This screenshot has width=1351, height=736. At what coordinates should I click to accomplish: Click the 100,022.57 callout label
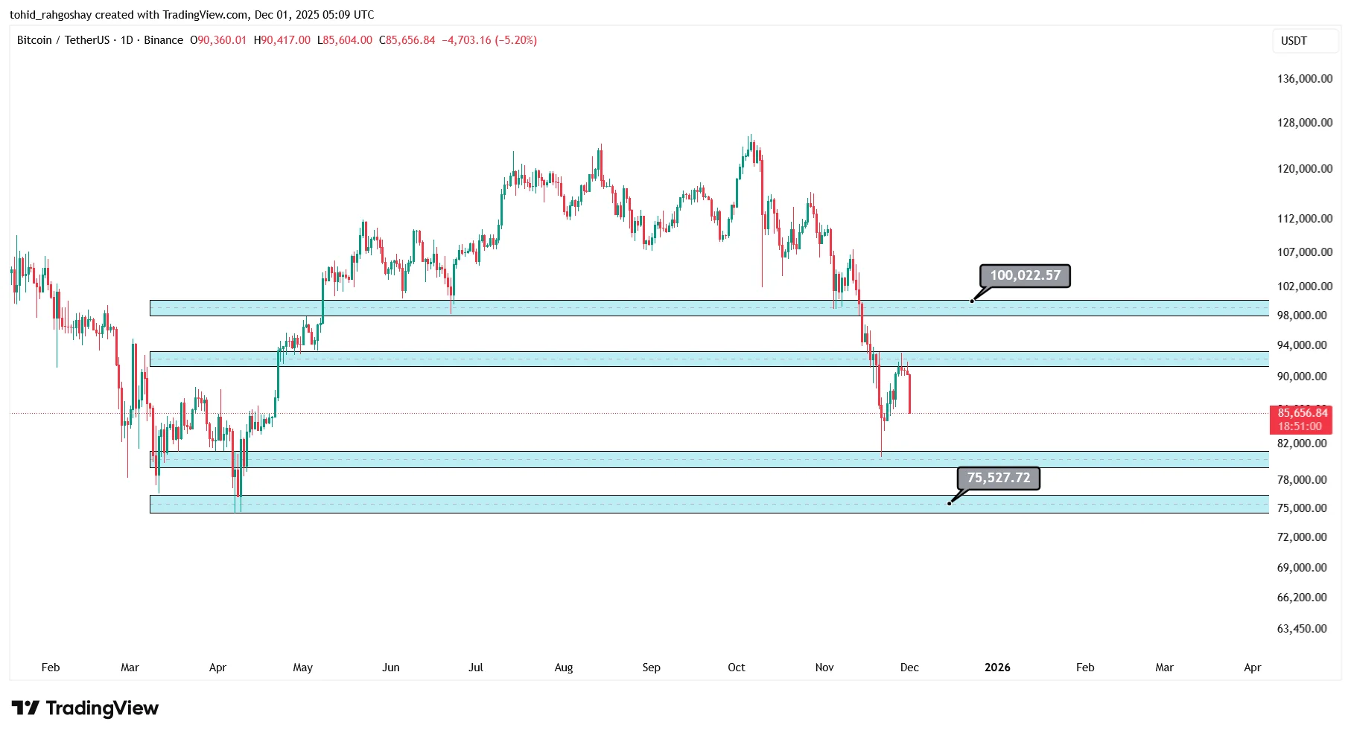[x=1025, y=275]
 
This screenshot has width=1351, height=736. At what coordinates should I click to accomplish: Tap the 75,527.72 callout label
[x=998, y=478]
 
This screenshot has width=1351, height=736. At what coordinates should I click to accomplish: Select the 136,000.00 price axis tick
[x=1304, y=79]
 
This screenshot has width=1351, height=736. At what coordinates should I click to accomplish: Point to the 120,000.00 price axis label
[x=1304, y=169]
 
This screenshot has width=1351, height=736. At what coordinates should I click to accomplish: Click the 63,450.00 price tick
[x=1301, y=629]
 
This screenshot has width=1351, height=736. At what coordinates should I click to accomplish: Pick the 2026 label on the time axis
[x=996, y=668]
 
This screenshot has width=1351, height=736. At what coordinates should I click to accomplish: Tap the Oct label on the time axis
[x=736, y=668]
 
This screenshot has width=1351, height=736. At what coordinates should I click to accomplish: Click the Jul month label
[x=475, y=668]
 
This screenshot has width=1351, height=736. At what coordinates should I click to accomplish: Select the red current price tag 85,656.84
[x=1302, y=413]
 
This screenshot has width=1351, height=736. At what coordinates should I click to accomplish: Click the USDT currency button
[x=1294, y=41]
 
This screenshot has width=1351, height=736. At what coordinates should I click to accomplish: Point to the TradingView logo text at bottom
[x=101, y=708]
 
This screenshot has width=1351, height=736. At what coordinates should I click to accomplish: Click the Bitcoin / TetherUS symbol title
[x=63, y=40]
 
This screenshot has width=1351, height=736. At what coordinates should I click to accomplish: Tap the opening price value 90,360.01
[x=222, y=40]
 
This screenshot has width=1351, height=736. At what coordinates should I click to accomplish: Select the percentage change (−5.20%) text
[x=516, y=40]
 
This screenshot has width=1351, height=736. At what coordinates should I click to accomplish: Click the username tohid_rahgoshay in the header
[x=51, y=15]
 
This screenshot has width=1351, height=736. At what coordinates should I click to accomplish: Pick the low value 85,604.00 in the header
[x=348, y=40]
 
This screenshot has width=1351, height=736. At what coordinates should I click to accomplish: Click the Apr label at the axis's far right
[x=1252, y=668]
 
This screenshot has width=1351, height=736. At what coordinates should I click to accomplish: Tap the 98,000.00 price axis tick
[x=1301, y=316]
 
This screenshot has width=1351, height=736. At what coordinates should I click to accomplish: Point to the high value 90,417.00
[x=285, y=40]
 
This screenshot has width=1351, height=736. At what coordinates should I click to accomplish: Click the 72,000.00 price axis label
[x=1301, y=537]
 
